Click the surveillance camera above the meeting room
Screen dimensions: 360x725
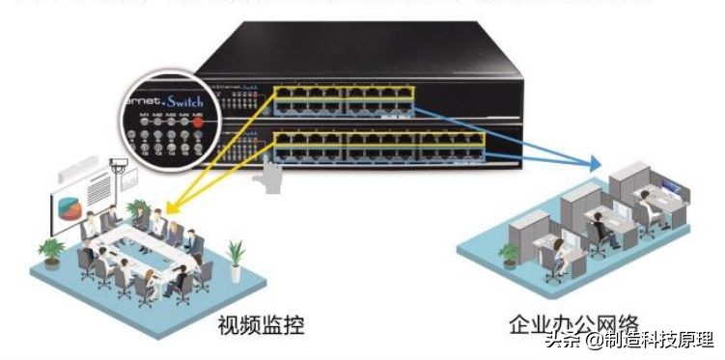[119, 166]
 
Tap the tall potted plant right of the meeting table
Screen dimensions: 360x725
[235, 256]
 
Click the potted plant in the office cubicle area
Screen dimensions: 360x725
[509, 253]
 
